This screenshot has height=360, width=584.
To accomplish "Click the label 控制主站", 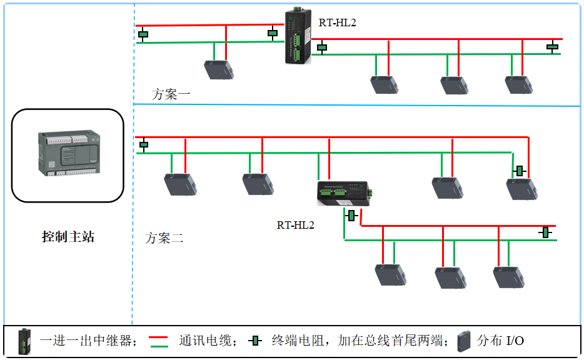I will (x=68, y=237).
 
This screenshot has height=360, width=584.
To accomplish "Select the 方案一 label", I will (x=171, y=95).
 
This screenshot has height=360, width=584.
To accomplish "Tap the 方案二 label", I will (x=164, y=238).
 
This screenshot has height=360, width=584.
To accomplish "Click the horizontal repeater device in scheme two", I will (x=345, y=193).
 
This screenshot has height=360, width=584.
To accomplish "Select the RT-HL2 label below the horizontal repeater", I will (x=295, y=225).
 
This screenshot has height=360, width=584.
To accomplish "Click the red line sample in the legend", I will (x=159, y=336).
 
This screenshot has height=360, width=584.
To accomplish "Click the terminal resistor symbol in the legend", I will (x=254, y=341).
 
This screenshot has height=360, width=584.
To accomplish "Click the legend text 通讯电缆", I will (x=204, y=341).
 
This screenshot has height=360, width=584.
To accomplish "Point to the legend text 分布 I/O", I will (x=501, y=341).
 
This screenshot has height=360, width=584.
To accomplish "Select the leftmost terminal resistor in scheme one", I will (x=143, y=34).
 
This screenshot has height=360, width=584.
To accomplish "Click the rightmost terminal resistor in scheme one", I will (x=553, y=46).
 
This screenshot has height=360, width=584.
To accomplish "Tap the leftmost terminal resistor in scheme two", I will (x=144, y=145).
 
